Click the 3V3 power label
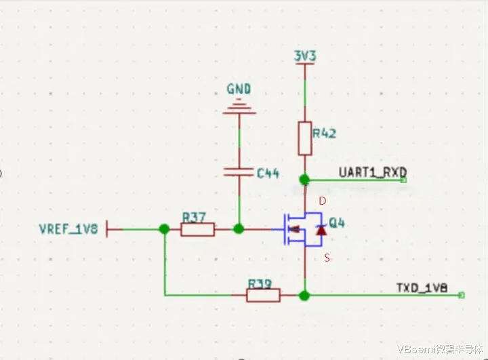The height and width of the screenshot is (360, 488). click(x=305, y=56)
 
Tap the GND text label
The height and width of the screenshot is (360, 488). click(x=239, y=89)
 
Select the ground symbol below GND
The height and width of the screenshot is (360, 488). click(x=239, y=106)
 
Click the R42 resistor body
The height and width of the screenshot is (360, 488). click(x=305, y=138)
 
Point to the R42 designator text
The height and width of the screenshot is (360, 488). click(x=324, y=134)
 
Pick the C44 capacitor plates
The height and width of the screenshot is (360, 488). click(x=239, y=172)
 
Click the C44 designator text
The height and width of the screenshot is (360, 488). click(x=268, y=173)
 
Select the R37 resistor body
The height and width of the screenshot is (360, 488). click(x=198, y=230)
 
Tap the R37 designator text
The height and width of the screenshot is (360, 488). click(x=194, y=217)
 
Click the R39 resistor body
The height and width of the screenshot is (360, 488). click(x=263, y=295)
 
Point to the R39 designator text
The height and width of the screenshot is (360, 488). click(x=260, y=283)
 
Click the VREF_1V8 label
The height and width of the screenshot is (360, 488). click(x=68, y=229)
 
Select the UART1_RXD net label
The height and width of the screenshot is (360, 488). click(x=373, y=172)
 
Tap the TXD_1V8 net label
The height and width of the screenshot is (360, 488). click(x=422, y=287)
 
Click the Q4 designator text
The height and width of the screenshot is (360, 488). click(x=337, y=223)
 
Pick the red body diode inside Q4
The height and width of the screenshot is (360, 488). click(x=321, y=230)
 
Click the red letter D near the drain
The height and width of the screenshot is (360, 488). click(x=323, y=201)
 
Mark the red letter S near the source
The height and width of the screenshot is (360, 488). click(x=327, y=258)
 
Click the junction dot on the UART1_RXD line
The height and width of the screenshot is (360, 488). click(x=304, y=180)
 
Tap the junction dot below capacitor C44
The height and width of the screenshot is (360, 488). click(x=239, y=229)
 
